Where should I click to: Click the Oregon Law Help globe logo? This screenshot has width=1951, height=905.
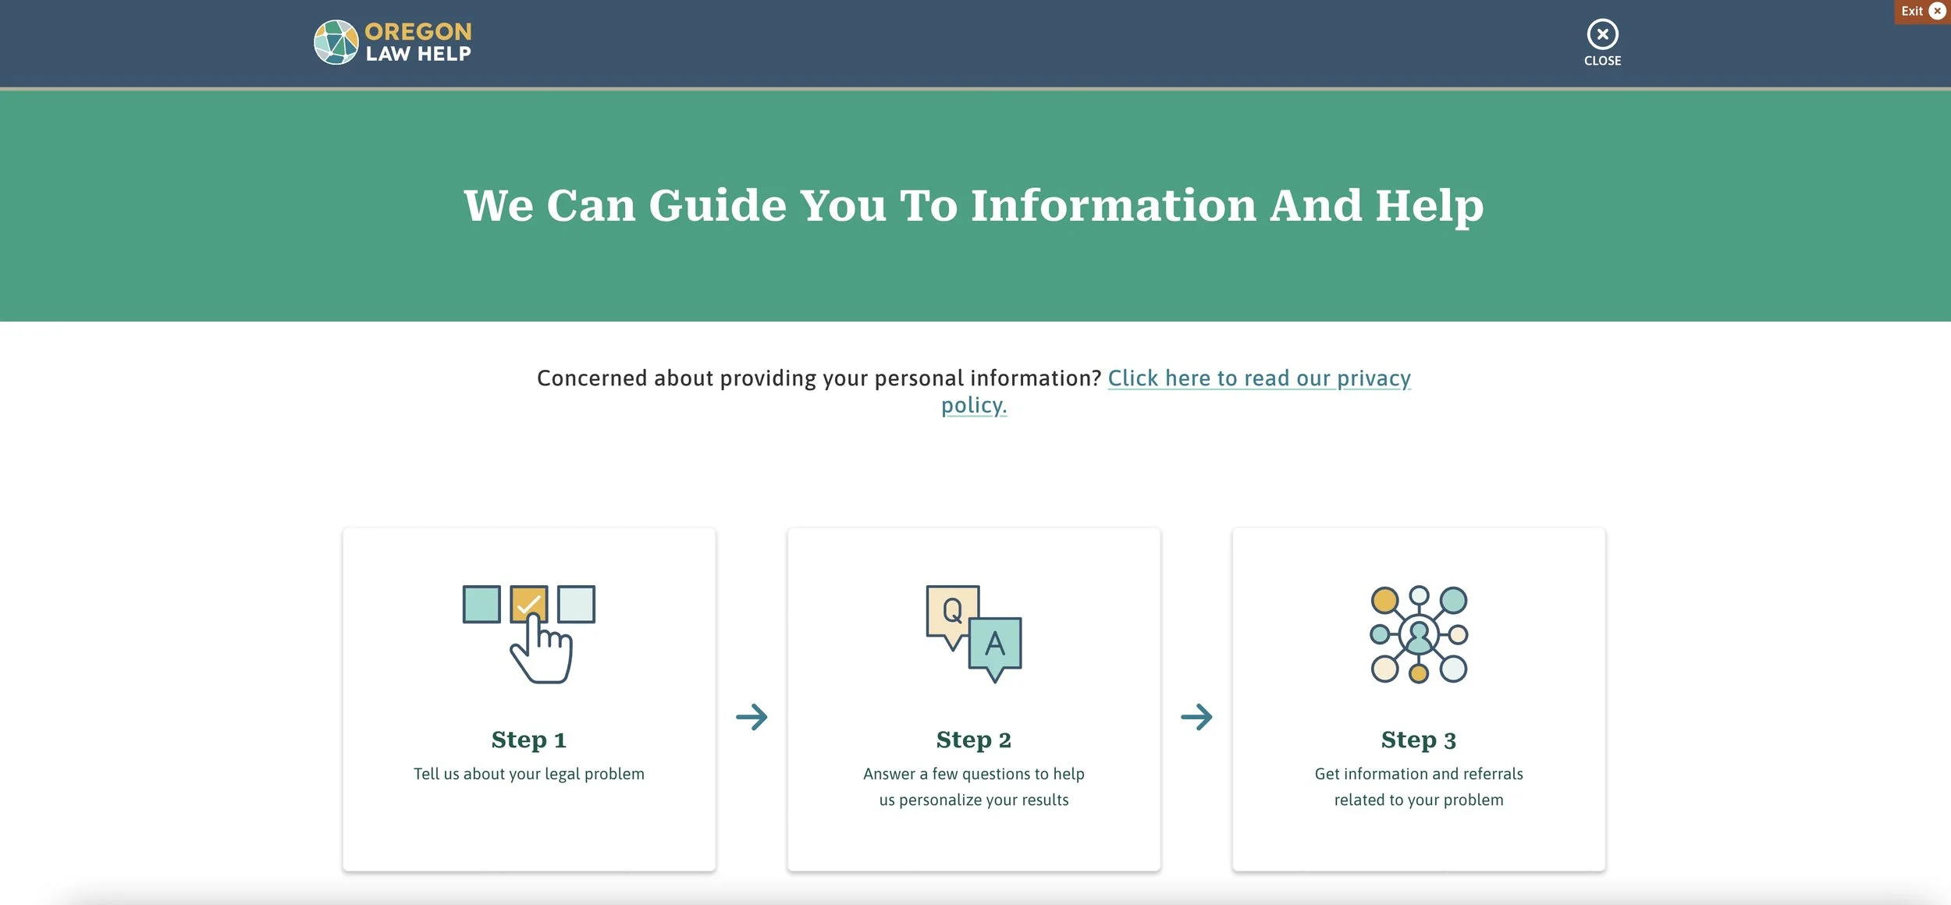tap(336, 42)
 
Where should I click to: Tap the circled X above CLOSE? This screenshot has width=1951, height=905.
tap(1602, 34)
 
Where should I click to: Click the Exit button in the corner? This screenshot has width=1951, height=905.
tap(1922, 11)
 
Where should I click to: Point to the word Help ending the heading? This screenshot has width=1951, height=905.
tap(1429, 207)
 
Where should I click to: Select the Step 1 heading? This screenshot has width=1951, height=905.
tap(529, 739)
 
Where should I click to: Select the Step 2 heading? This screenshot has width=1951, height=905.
tap(974, 739)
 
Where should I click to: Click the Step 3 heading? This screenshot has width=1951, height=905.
tap(1419, 739)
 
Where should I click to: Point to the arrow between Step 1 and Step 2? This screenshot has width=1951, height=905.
tap(752, 717)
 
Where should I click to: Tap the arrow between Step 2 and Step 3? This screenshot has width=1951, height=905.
tap(1196, 717)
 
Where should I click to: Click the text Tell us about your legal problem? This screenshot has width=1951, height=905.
tap(529, 774)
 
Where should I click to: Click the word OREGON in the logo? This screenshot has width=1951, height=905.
tap(418, 31)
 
